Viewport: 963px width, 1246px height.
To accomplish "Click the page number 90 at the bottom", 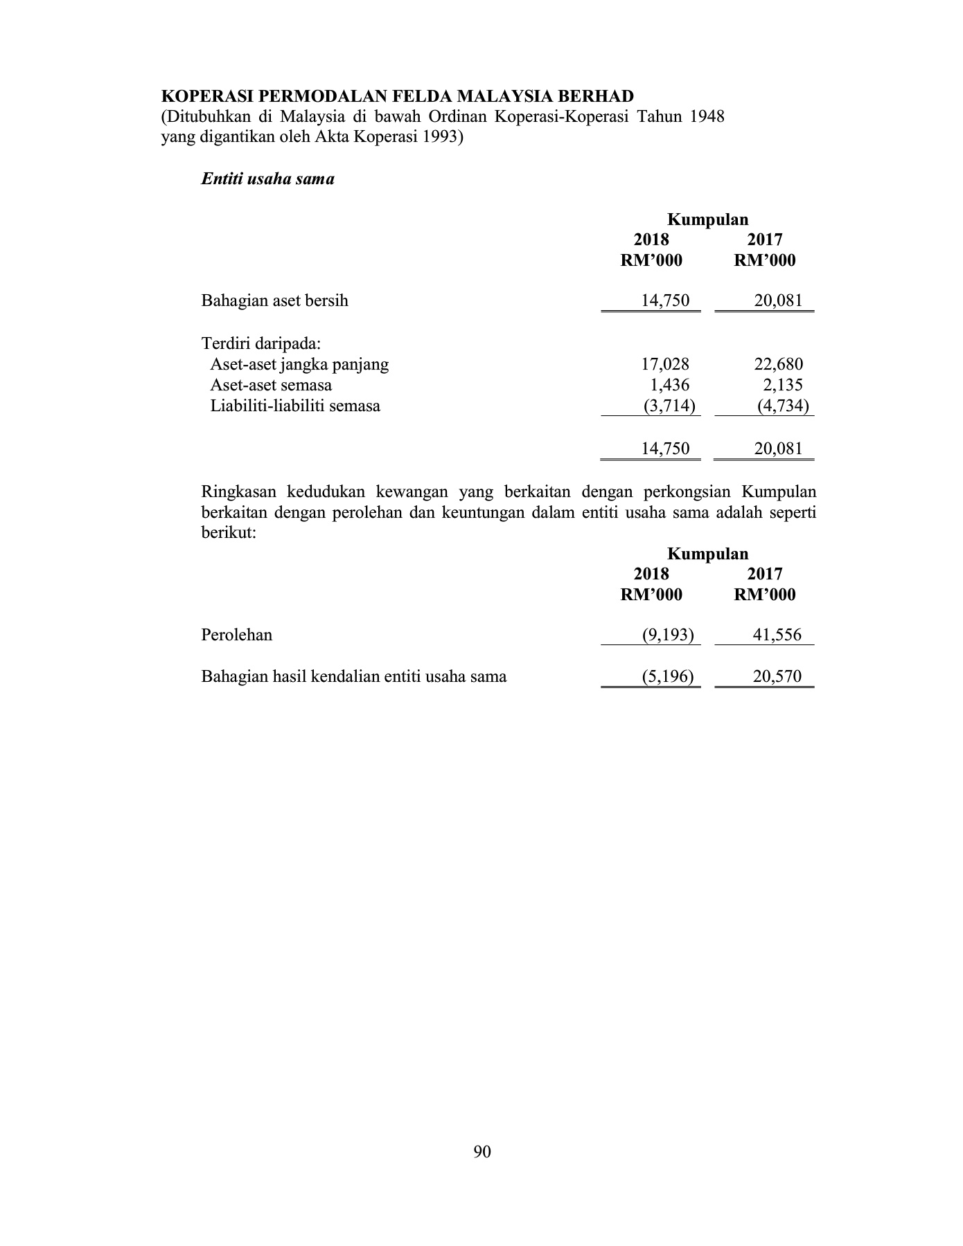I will pos(482,1151).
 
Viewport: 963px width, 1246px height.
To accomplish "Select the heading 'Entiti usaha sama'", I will pos(267,179).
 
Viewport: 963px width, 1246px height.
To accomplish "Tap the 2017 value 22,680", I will pos(778,364).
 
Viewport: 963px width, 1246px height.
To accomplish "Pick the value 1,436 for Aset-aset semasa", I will pos(669,385).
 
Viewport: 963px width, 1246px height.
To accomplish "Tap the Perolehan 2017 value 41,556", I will pos(777,635).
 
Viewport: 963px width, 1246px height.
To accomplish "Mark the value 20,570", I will pos(777,676).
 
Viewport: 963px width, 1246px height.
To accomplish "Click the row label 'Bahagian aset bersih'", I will pos(274,301).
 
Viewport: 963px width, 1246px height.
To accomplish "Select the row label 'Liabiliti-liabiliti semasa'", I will pos(295,406).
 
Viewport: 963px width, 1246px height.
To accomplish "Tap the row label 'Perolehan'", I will pos(236,635).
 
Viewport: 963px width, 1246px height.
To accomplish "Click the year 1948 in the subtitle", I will pos(707,116).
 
